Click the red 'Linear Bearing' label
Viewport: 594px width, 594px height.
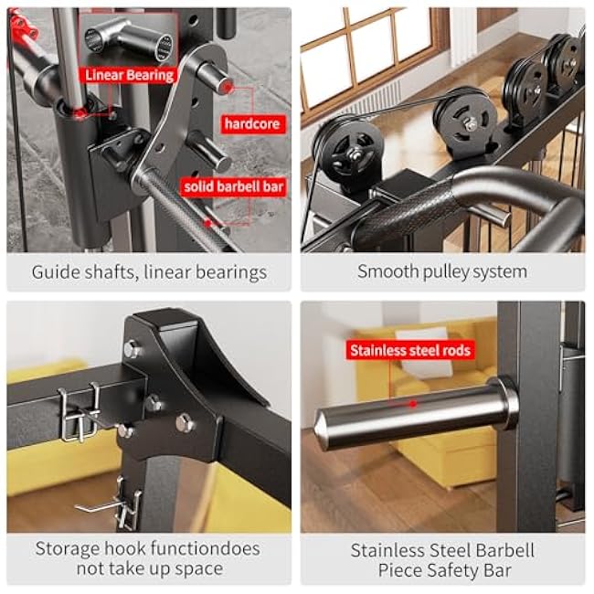pyautogui.click(x=130, y=75)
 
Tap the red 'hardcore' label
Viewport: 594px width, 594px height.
pyautogui.click(x=253, y=123)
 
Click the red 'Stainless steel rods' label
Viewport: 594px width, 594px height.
pyautogui.click(x=410, y=350)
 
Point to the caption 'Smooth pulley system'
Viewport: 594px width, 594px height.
pyautogui.click(x=441, y=271)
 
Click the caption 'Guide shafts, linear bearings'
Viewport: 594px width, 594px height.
pyautogui.click(x=149, y=271)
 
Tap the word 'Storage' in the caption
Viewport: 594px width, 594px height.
pyautogui.click(x=71, y=549)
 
